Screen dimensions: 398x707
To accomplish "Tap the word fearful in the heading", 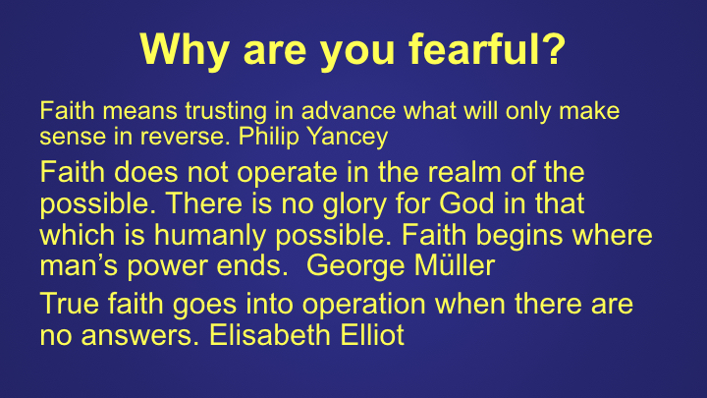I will point(487,49).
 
